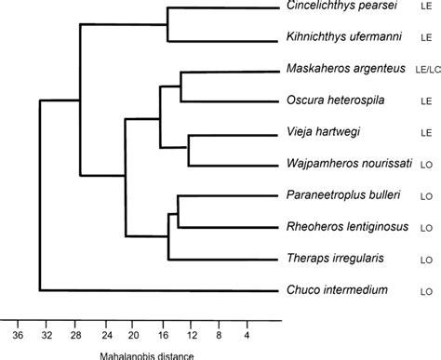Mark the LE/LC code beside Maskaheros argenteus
tap(426, 71)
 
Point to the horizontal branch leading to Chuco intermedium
tap(158, 291)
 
